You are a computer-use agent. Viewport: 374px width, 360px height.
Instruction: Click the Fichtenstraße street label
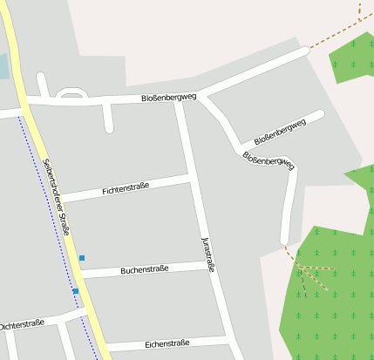126,188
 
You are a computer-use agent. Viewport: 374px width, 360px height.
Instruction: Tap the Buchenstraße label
144,269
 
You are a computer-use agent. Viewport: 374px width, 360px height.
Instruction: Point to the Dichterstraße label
22,325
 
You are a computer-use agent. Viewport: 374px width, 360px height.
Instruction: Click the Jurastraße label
207,254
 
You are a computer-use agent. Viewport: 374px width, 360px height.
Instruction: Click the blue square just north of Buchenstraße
82,258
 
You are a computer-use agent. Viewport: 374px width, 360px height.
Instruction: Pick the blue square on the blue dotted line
76,291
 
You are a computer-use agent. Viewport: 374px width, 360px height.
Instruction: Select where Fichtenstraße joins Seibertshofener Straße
58,200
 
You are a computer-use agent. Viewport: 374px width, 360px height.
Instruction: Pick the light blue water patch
3,66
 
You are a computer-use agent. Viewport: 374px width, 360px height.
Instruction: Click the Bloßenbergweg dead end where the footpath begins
283,241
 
